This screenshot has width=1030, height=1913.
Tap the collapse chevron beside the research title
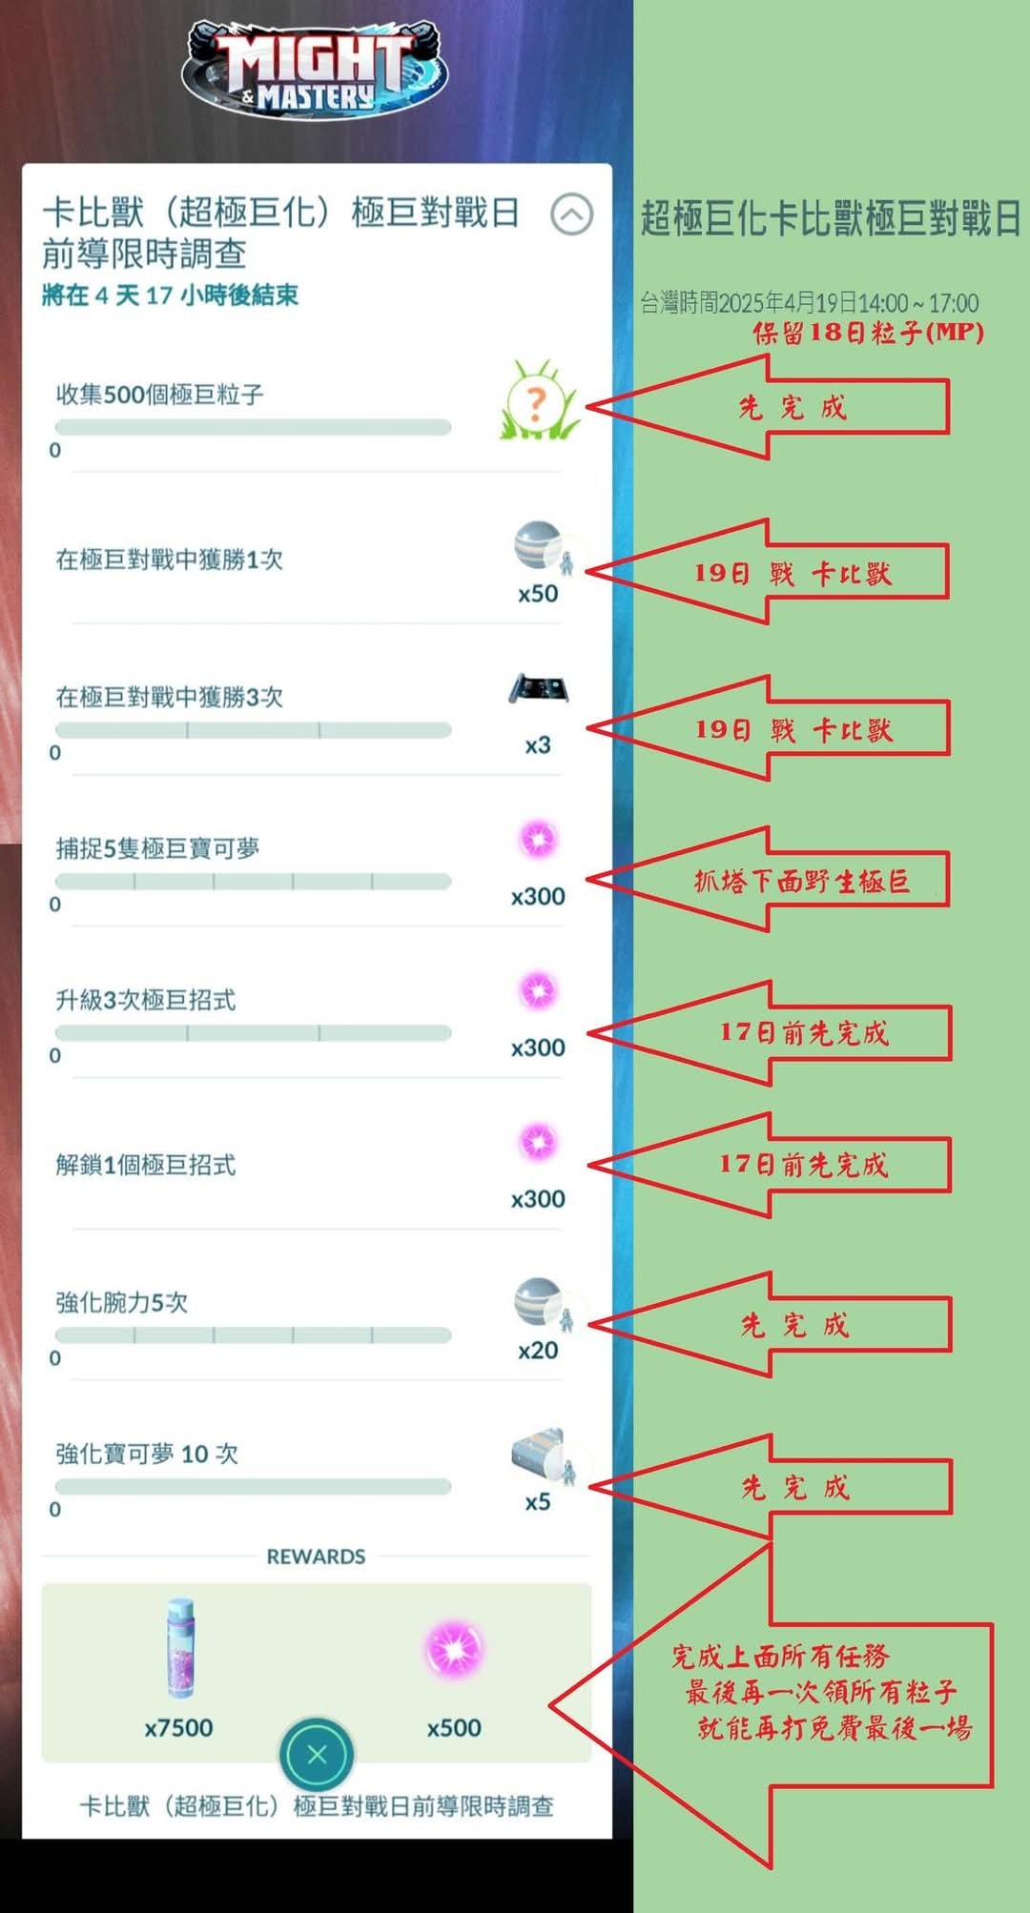coord(571,214)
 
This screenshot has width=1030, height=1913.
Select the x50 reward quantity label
coord(538,594)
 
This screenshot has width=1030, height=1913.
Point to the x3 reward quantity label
coord(538,745)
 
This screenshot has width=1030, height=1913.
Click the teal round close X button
coord(317,1755)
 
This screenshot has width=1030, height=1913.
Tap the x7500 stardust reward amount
coord(178,1727)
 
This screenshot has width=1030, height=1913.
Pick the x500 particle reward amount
coord(454,1727)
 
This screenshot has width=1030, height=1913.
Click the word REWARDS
coord(316,1557)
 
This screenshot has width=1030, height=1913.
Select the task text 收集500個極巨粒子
coord(159,395)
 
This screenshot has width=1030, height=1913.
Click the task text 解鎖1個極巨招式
coord(145,1165)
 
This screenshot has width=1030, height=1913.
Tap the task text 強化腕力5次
coord(121,1302)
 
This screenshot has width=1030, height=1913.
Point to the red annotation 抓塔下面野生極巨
coord(801,881)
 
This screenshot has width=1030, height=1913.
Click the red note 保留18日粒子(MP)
coord(868,333)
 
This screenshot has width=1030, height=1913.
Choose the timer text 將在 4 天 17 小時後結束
coord(170,295)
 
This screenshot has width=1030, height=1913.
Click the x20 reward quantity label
coord(538,1351)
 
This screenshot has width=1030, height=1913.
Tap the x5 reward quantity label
coord(538,1502)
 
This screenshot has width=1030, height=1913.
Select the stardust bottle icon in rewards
coord(179,1648)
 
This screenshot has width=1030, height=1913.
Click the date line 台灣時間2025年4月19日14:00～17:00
coord(809,303)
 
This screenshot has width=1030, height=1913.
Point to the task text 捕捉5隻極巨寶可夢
coord(157,848)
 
